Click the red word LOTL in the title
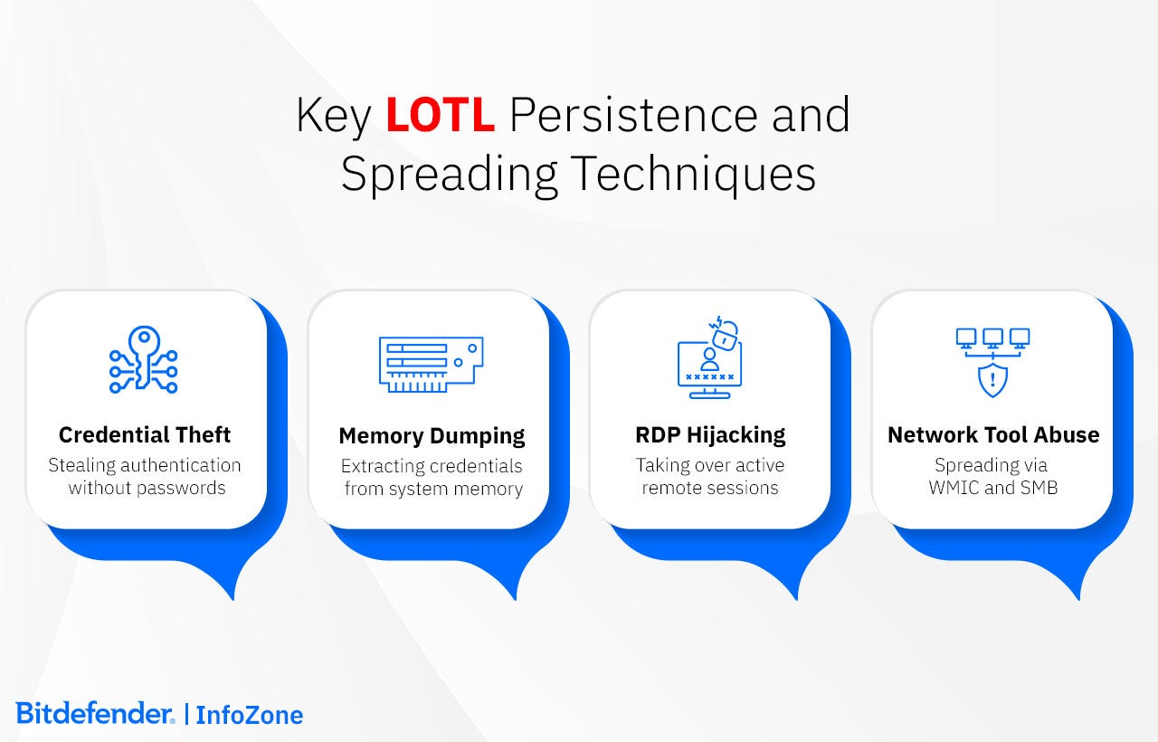pyautogui.click(x=440, y=116)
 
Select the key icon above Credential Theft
pyautogui.click(x=144, y=359)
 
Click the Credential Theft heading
pyautogui.click(x=145, y=435)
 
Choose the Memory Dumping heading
pyautogui.click(x=432, y=436)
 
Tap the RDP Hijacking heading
pyautogui.click(x=710, y=435)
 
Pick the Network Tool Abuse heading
pyautogui.click(x=993, y=435)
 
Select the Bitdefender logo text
pyautogui.click(x=94, y=713)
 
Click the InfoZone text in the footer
pyautogui.click(x=250, y=715)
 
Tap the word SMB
pyautogui.click(x=1038, y=488)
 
